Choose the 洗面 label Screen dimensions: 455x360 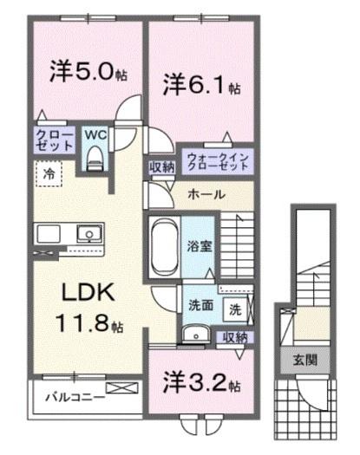point(201,305)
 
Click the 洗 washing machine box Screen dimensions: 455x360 point(235,308)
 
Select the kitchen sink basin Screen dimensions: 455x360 point(88,233)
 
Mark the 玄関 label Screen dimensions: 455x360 point(303,361)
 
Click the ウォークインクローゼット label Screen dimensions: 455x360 point(217,162)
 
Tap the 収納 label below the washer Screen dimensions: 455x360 point(234,336)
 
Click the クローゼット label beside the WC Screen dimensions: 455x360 point(48,141)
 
